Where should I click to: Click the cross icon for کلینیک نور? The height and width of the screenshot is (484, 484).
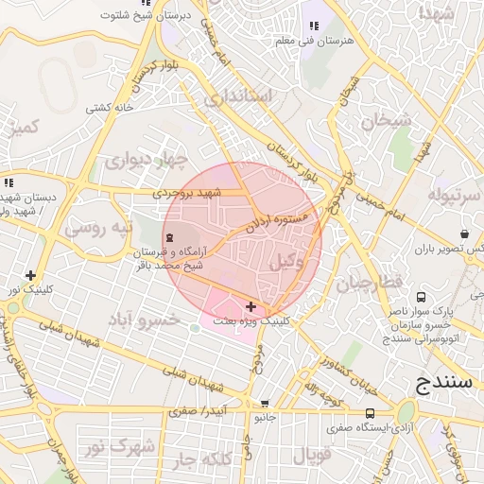click(31, 275)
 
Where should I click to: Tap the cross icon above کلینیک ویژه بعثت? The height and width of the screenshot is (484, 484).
click(251, 306)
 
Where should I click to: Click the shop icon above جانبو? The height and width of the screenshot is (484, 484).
click(265, 403)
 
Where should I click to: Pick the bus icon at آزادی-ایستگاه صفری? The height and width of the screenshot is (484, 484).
click(369, 413)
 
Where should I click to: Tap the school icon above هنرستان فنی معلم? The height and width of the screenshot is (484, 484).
click(313, 26)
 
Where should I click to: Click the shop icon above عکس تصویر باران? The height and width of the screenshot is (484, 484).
click(465, 233)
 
